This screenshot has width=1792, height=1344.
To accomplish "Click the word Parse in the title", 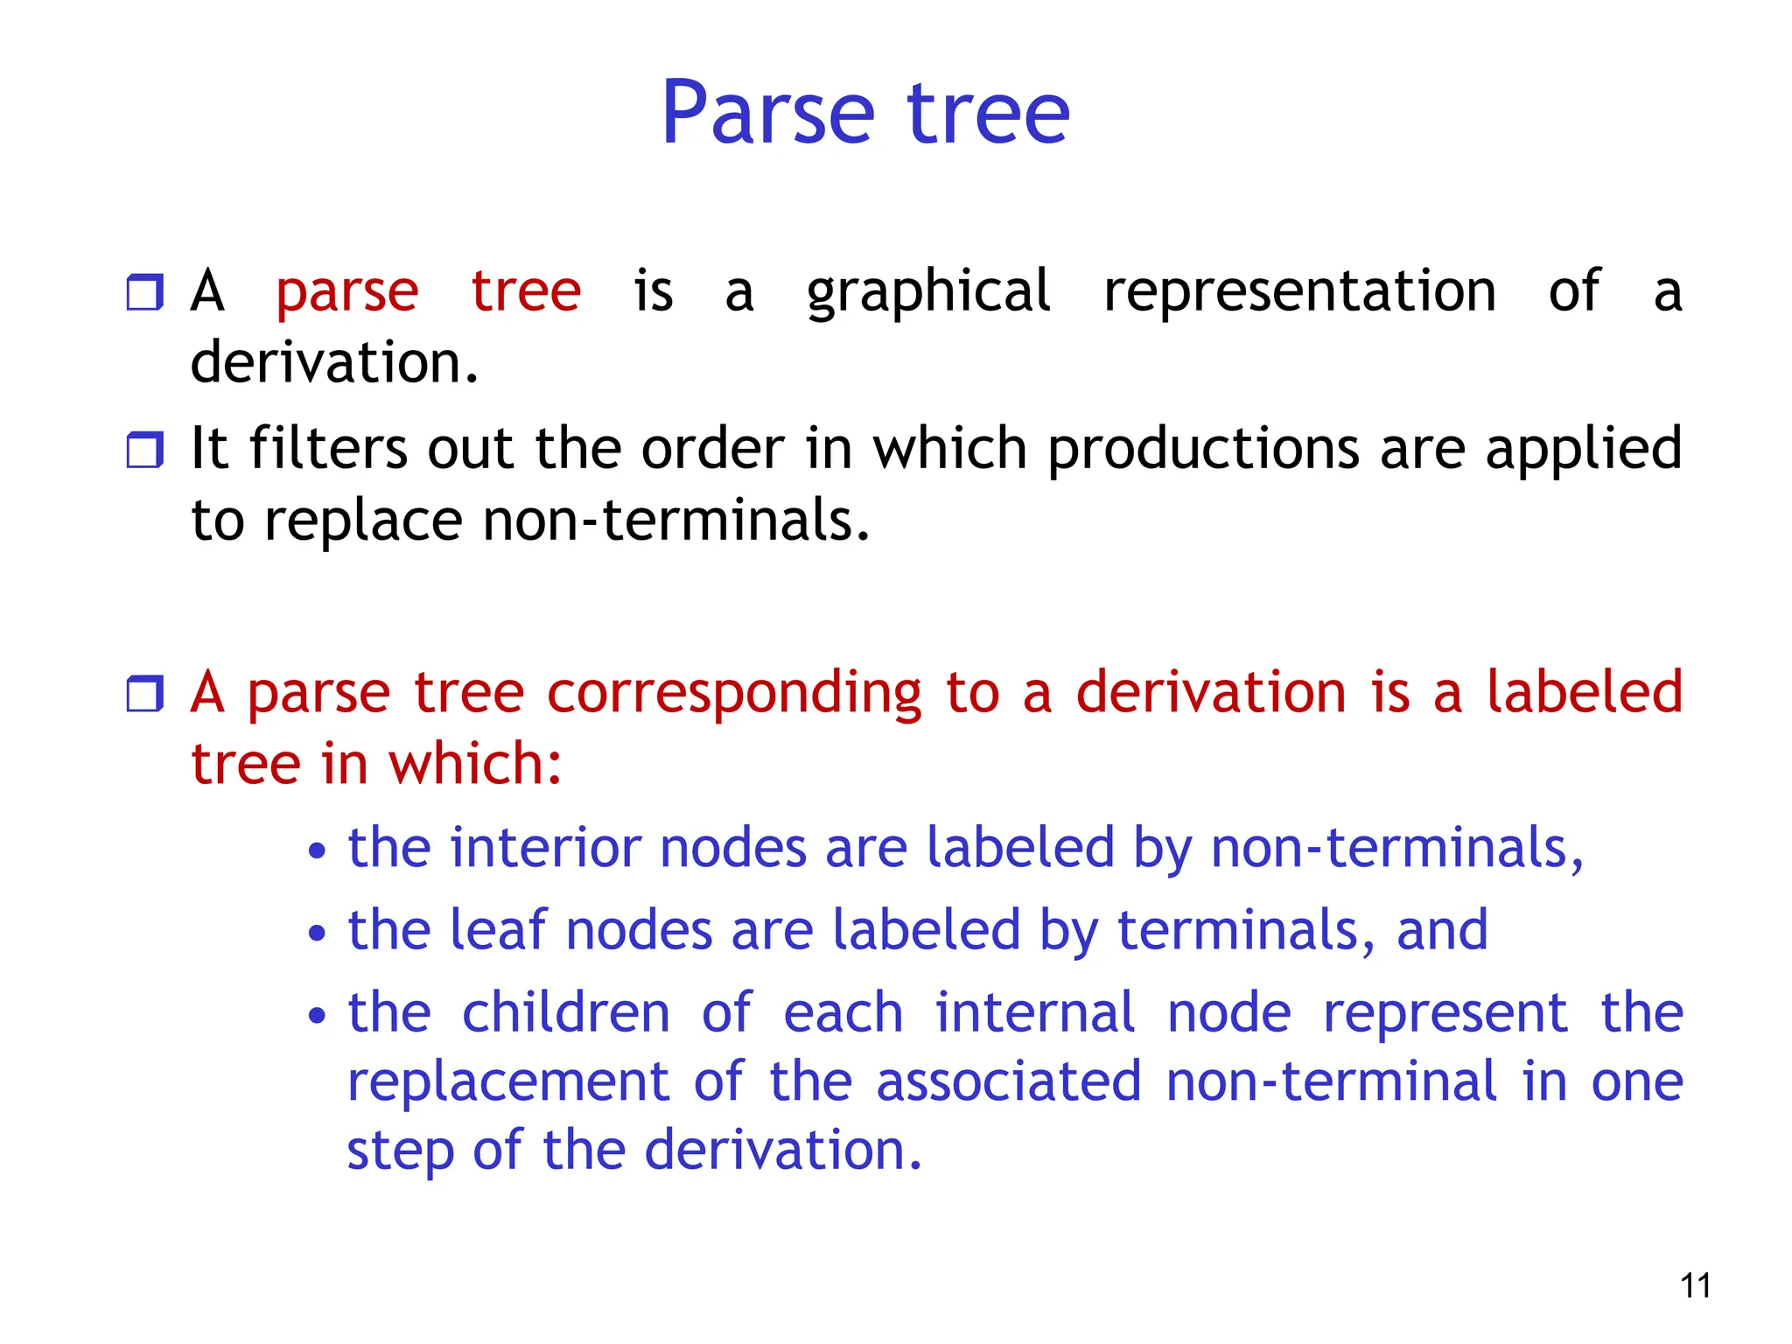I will (x=767, y=114).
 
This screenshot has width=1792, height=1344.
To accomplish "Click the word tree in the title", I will (x=989, y=114).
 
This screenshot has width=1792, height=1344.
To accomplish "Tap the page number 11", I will (x=1695, y=1285).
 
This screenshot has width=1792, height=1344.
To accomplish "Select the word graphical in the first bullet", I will (x=927, y=293).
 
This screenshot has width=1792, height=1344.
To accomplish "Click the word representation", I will (x=1299, y=293).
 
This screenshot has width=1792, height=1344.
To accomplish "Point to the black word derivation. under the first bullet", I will (x=334, y=362).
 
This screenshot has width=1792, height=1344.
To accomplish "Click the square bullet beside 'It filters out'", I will (x=144, y=450).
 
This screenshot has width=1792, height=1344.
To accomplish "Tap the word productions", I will (x=1203, y=451).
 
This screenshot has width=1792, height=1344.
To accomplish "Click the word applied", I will (x=1584, y=451).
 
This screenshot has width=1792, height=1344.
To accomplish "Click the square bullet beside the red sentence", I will (x=144, y=693).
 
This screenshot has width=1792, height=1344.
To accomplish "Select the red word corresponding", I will (x=733, y=694).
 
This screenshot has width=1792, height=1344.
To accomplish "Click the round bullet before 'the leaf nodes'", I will (x=317, y=933).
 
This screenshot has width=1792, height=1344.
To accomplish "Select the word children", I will (x=565, y=1013).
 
